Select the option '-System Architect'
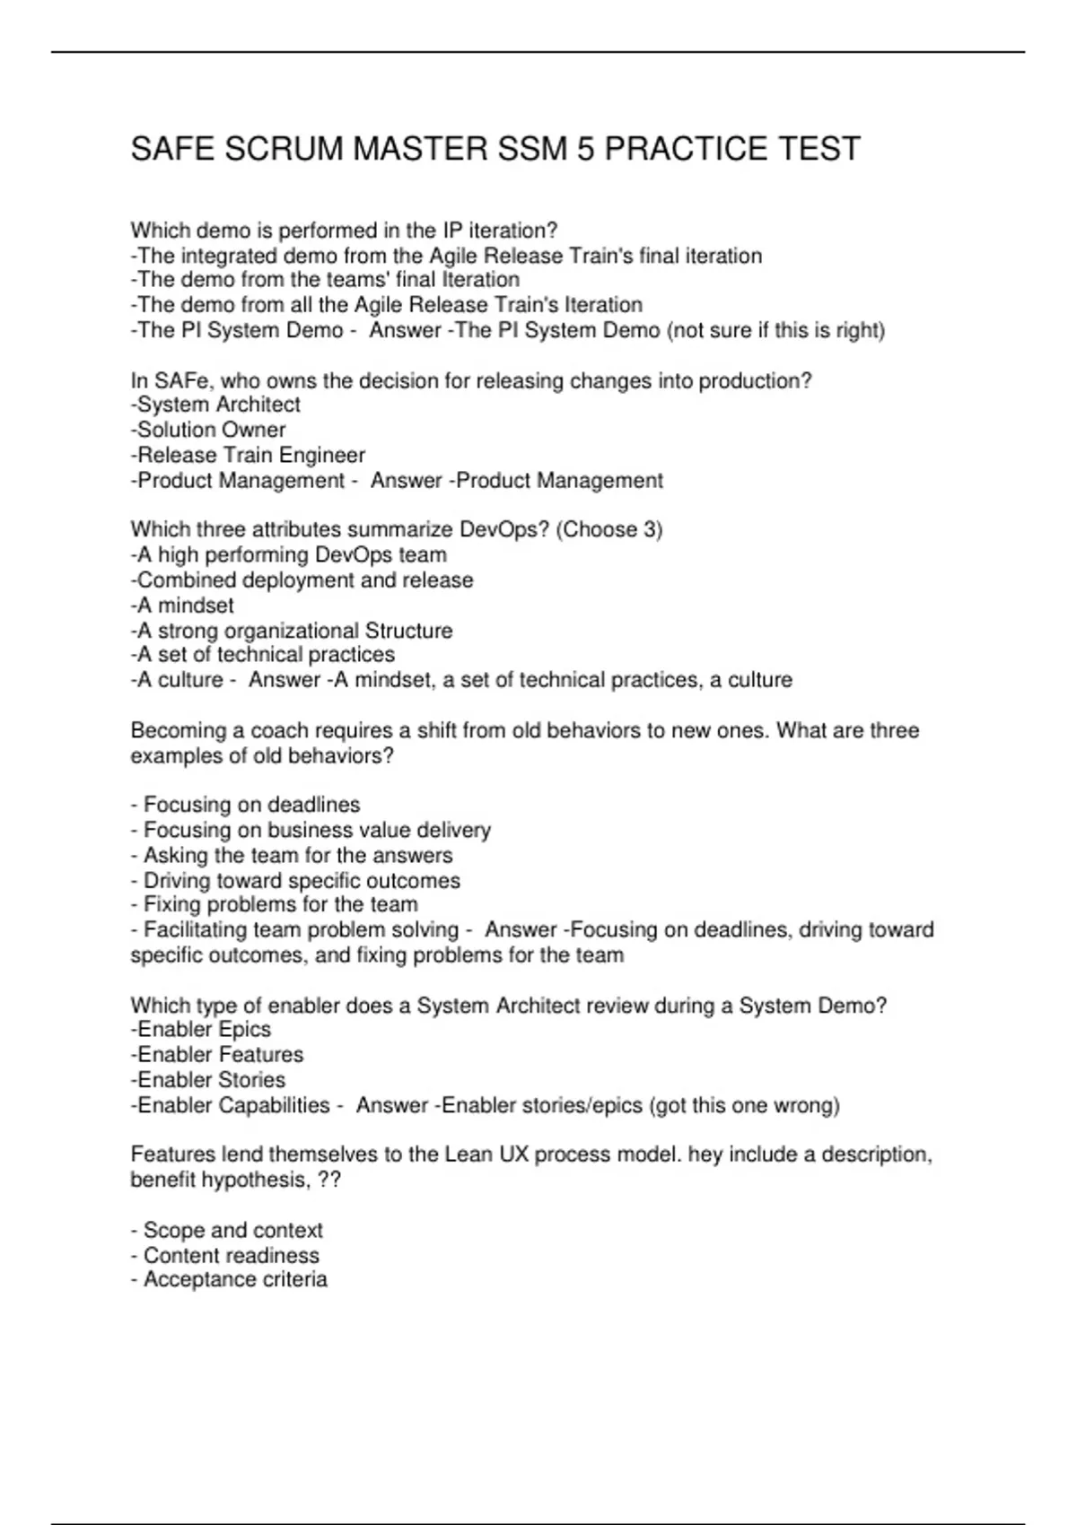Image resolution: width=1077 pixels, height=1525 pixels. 215,405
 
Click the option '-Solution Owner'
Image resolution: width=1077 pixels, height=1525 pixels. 208,430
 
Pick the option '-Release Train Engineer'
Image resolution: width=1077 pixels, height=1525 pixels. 248,455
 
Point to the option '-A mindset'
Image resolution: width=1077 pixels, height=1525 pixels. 182,606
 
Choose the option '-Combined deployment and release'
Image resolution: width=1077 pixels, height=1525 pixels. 302,580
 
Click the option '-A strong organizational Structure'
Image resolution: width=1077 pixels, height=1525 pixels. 292,631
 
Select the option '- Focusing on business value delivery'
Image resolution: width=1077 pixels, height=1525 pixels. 311,830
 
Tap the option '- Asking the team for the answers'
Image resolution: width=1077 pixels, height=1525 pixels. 292,855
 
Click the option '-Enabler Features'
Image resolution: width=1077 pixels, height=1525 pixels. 217,1054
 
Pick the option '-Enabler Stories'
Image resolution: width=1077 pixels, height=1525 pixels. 208,1079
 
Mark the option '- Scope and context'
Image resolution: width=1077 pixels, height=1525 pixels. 226,1230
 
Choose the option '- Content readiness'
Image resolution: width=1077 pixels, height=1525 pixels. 225,1255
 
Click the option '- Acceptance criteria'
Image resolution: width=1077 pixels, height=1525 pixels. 229,1279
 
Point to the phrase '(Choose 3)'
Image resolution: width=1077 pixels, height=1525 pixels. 609,529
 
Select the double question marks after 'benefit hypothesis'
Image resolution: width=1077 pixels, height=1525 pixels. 329,1180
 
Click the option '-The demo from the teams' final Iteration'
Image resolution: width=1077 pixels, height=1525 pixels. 325,280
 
